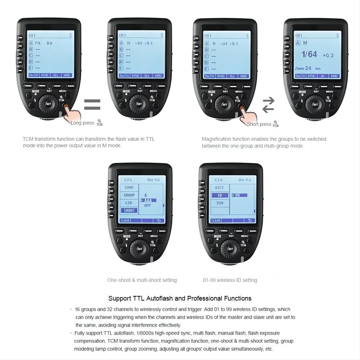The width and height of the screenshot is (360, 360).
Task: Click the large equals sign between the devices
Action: (x=92, y=105)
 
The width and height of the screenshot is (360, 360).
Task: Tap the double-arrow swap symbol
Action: (x=268, y=105)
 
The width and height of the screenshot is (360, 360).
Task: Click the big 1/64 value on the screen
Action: (x=309, y=54)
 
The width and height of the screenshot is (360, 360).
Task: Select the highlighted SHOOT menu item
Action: (x=129, y=211)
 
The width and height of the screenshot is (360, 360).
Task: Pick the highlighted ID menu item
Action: (x=220, y=195)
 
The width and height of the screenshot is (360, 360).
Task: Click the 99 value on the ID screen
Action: (x=238, y=195)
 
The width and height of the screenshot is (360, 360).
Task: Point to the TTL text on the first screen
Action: (x=38, y=43)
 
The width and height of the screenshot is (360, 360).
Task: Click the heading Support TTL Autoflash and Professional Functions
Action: (x=180, y=298)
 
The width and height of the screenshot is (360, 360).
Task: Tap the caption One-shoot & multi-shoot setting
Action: (x=142, y=280)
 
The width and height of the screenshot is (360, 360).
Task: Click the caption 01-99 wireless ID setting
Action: (x=230, y=280)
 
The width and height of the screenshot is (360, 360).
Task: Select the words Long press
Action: (x=82, y=123)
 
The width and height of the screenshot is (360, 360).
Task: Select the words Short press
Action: (x=259, y=124)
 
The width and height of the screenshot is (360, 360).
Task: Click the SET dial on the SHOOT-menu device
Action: (x=140, y=249)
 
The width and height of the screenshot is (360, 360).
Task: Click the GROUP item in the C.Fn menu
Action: (x=129, y=195)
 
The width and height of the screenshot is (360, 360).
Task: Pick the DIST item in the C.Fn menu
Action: (x=220, y=188)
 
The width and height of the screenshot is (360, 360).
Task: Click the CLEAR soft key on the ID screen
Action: (x=216, y=221)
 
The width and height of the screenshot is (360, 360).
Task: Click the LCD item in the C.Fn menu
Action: (x=129, y=203)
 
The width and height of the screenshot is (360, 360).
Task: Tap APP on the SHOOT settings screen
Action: (x=148, y=205)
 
